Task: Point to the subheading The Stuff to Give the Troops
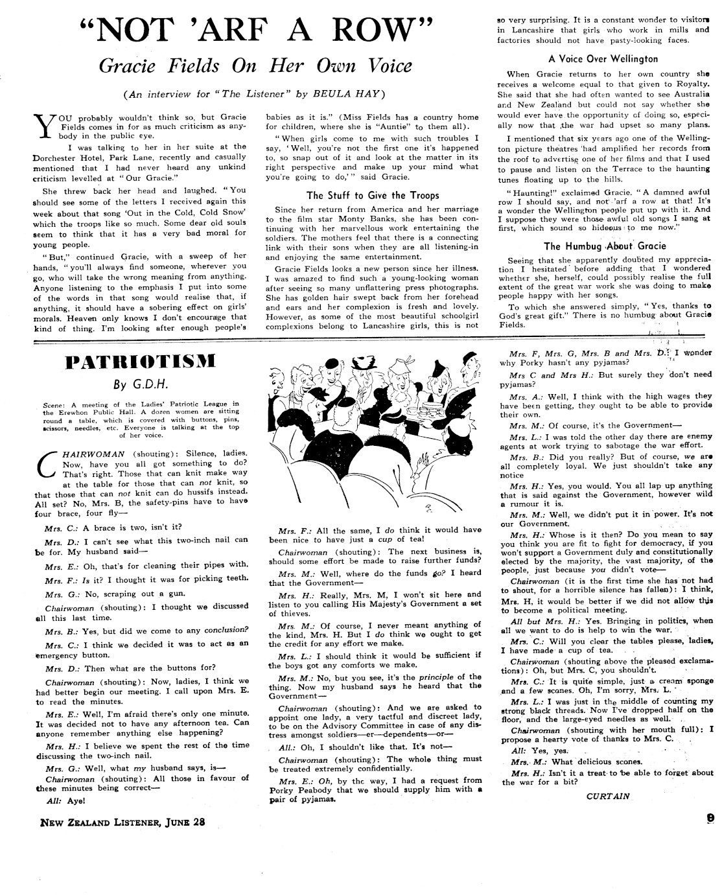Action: coord(373,195)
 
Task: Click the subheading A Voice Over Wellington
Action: coord(603,58)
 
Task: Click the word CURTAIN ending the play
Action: coord(607,796)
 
